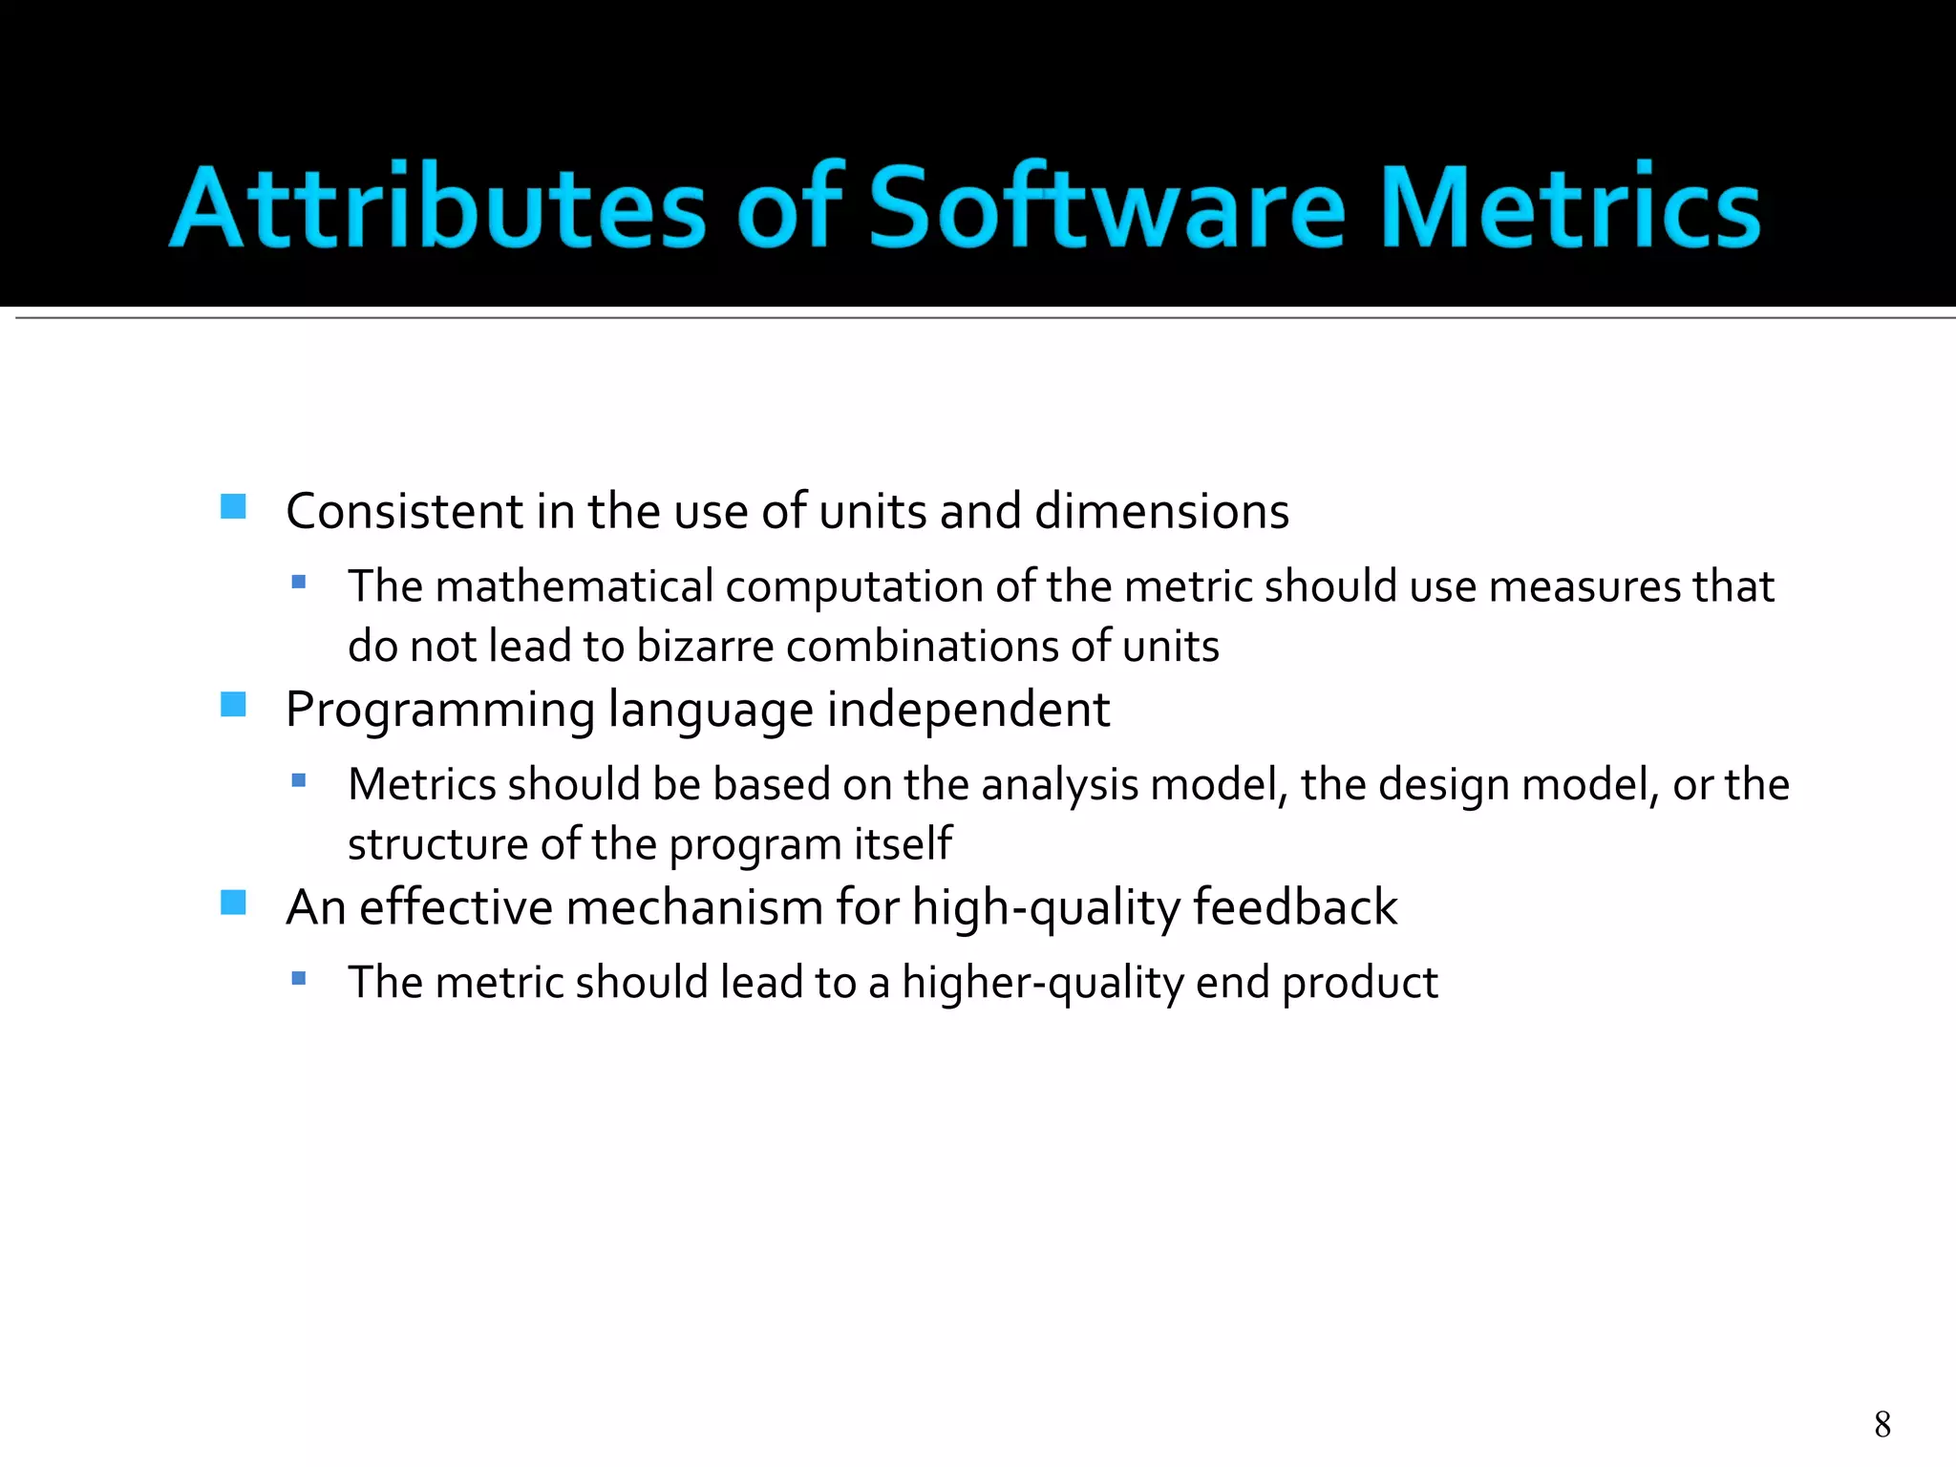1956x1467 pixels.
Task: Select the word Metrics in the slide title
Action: click(1569, 207)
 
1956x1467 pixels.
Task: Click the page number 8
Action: click(1882, 1424)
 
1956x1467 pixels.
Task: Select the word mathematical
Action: click(574, 586)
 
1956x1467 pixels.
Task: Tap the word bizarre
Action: click(705, 647)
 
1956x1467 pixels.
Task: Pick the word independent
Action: click(967, 710)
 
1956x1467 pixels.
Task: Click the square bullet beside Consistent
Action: click(233, 506)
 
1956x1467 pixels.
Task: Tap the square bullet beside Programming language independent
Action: click(233, 705)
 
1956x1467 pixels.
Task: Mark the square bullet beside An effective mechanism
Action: click(233, 903)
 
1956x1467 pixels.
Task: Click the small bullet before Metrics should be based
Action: click(299, 780)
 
